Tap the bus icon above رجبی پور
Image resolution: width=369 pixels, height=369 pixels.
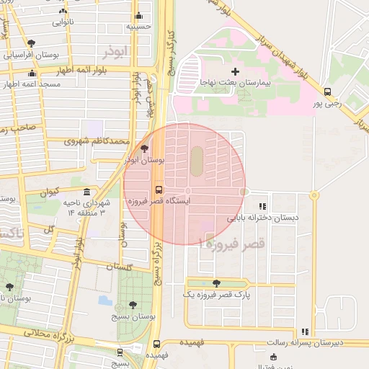pos(328,92)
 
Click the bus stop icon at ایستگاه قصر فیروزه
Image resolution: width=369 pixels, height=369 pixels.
pos(159,191)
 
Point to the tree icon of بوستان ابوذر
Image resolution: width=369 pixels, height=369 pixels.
pos(145,148)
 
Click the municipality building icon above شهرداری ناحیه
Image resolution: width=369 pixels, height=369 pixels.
pos(86,192)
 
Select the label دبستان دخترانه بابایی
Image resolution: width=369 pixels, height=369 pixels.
pos(263,217)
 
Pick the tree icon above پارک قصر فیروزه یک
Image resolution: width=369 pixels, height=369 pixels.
pos(216,283)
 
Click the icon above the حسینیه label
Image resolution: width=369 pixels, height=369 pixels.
pos(138,16)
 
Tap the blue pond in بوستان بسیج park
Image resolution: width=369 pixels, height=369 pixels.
pos(105,300)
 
